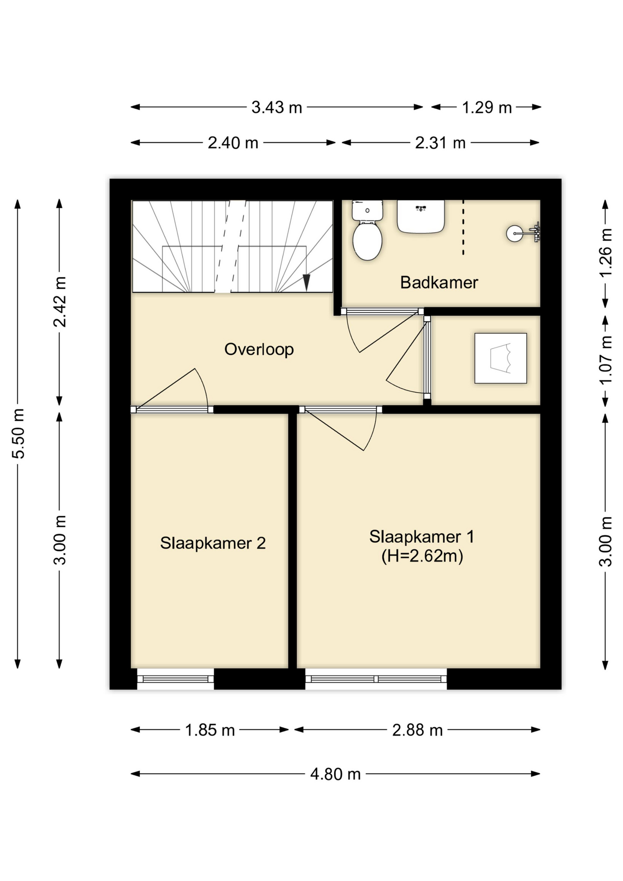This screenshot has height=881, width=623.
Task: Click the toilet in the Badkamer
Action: pos(367,230)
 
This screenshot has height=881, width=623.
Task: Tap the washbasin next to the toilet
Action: pos(421,217)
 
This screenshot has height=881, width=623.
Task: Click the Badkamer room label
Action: pos(439,282)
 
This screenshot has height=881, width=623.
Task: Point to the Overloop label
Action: pos(259,350)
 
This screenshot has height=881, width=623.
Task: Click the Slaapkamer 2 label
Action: pos(213,543)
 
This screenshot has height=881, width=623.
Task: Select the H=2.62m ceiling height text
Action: pos(422,556)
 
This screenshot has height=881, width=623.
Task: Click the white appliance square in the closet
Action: pos(501,358)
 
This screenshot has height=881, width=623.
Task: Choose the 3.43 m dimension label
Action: pos(277,107)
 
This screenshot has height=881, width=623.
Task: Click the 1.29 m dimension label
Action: pos(486,107)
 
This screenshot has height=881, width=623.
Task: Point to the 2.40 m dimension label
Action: pos(233,143)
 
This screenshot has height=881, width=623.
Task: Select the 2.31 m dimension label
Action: pos(440,143)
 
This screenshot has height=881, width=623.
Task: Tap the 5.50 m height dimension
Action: pos(18,434)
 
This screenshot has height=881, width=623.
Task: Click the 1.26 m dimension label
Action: pos(606,253)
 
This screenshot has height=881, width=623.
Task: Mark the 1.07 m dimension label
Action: pos(606,361)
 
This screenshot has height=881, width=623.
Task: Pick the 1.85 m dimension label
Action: pos(210,730)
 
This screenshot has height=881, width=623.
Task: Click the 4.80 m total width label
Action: pos(335,775)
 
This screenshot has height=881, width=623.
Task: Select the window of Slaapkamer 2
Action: pos(175,679)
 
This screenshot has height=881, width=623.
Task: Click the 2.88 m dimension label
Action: pos(417,730)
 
